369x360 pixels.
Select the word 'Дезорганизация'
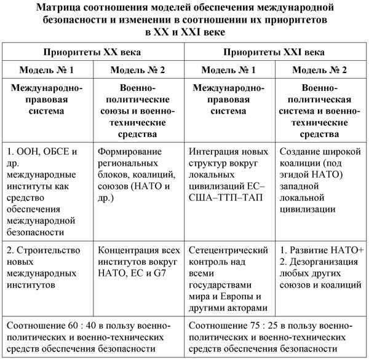323,262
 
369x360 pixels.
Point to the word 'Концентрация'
128,251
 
